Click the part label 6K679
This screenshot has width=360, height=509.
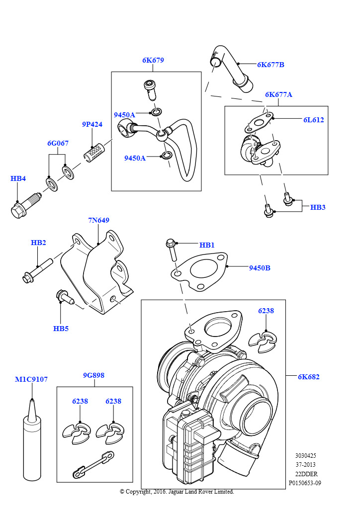(153, 60)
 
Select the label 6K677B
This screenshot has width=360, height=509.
(270, 65)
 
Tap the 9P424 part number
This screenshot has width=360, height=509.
(92, 124)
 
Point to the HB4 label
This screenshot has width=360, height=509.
(18, 178)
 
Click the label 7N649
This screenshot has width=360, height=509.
(98, 220)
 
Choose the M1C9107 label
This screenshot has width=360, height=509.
(31, 379)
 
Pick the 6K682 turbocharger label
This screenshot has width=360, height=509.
(308, 377)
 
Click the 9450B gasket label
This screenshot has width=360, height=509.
(260, 268)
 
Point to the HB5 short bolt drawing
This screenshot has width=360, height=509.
(65, 297)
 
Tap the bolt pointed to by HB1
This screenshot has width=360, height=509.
(172, 250)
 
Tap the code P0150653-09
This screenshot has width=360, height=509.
(305, 483)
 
